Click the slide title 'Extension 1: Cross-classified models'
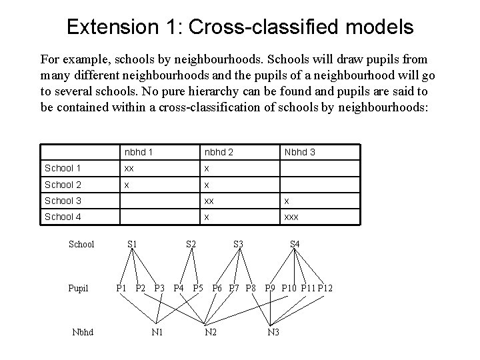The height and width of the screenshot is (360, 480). click(x=240, y=27)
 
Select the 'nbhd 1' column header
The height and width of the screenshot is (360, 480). click(x=139, y=153)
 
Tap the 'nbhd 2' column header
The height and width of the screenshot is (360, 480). click(x=219, y=153)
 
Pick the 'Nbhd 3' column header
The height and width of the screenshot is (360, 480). click(x=299, y=153)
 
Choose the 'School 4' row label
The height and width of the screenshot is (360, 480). click(x=62, y=217)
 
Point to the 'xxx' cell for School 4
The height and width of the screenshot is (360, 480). click(x=292, y=217)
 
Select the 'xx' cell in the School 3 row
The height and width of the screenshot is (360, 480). click(x=209, y=201)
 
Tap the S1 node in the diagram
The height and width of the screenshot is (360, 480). click(x=132, y=244)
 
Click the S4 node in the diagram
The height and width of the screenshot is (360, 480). click(x=294, y=244)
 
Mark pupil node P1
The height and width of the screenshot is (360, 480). click(x=122, y=288)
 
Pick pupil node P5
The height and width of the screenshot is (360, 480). click(x=198, y=288)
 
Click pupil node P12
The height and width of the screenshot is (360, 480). click(x=325, y=288)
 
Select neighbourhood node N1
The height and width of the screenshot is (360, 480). click(x=158, y=332)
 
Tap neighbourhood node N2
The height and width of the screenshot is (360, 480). click(x=211, y=332)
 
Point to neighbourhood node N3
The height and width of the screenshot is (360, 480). click(x=273, y=332)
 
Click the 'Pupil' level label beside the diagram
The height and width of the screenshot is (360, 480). click(x=78, y=288)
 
